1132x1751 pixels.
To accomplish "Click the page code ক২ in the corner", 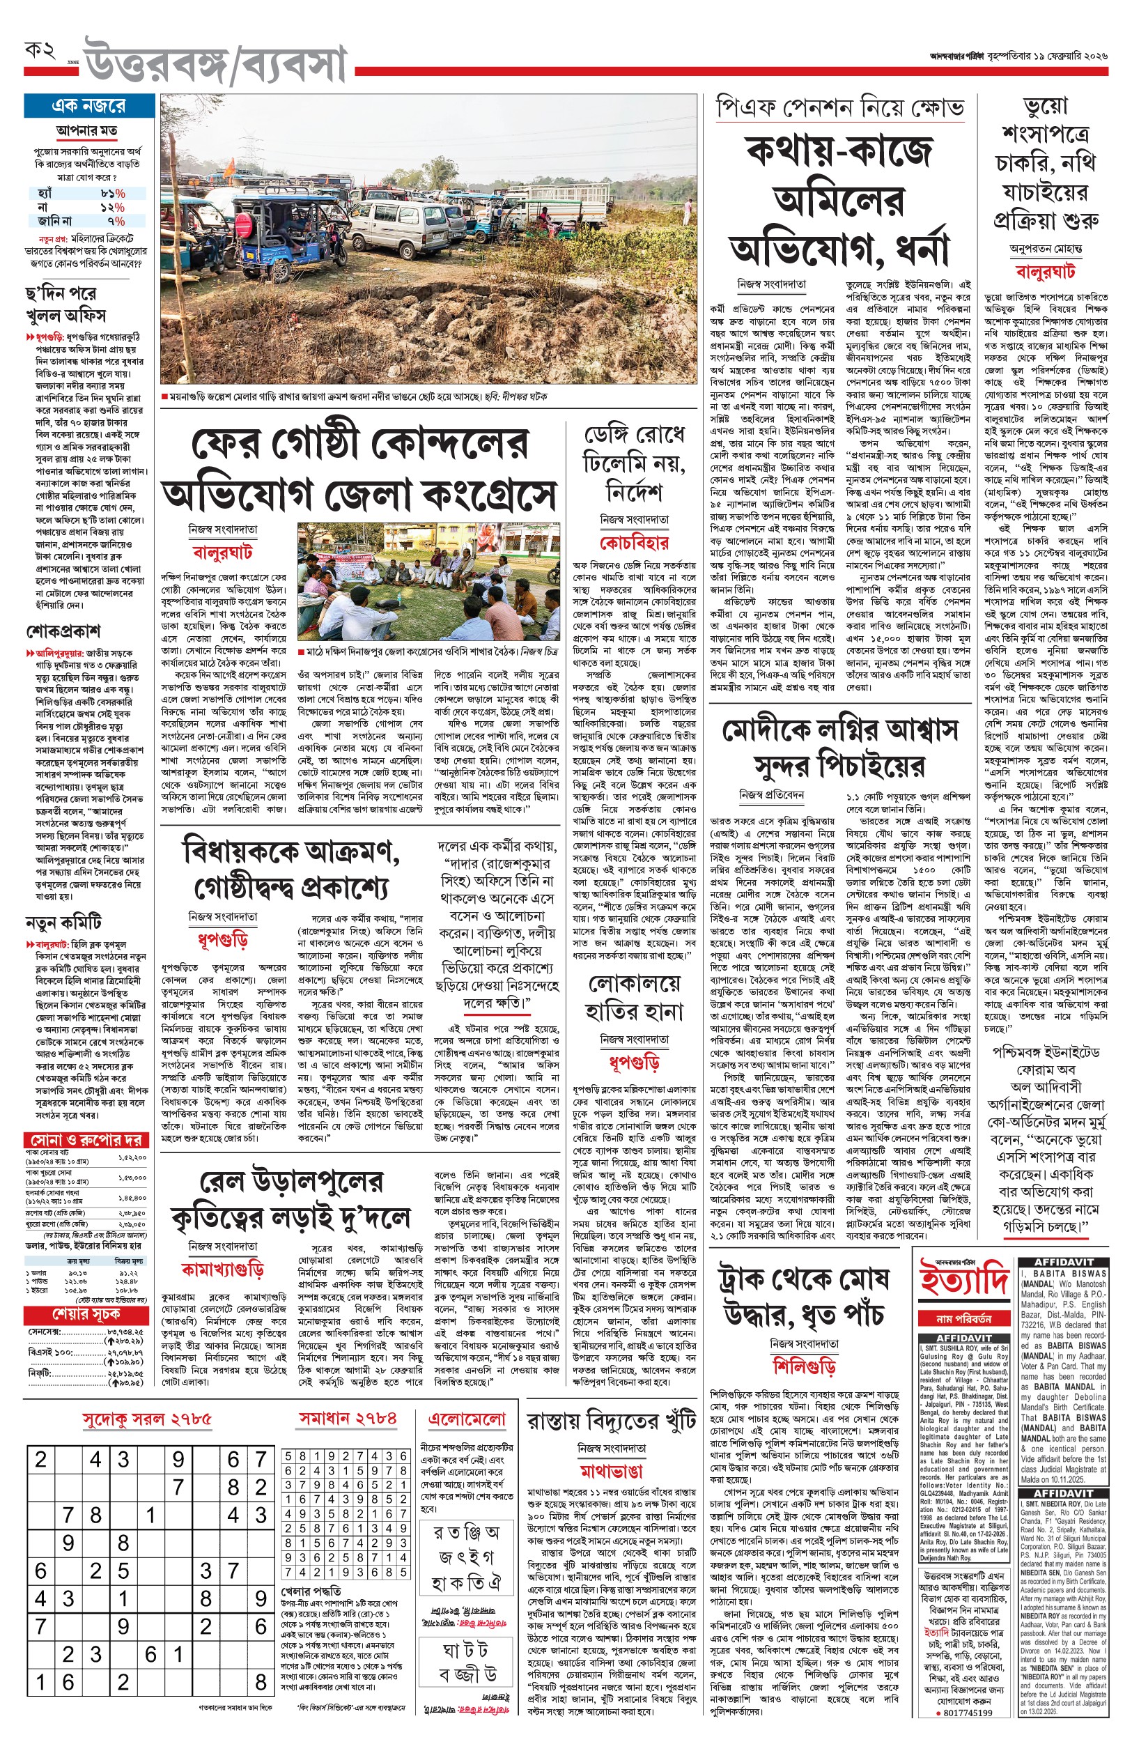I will (x=40, y=51).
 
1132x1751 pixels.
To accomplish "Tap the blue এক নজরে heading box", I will (x=88, y=106).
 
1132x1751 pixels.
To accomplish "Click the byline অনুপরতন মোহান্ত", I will (x=1045, y=249).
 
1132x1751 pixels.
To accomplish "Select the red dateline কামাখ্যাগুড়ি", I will (x=222, y=1270).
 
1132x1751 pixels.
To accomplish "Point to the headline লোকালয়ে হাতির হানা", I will (x=634, y=998).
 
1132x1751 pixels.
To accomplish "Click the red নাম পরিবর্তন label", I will (x=963, y=1319).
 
